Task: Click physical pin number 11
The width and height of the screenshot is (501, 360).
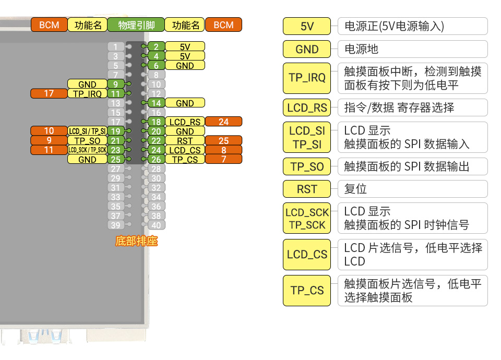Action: tap(115, 94)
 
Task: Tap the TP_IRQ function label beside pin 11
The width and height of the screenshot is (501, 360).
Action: tap(87, 94)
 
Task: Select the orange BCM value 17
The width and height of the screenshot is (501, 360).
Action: tap(49, 94)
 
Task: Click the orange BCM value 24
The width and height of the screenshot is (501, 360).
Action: tap(223, 122)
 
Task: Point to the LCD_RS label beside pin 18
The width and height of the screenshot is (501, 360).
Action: tap(185, 122)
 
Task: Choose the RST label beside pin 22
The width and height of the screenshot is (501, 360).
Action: tap(185, 141)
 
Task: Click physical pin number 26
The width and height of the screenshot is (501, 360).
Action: tap(156, 160)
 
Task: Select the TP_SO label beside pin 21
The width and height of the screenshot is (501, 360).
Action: tap(87, 141)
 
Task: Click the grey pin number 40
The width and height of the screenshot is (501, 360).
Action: tap(156, 225)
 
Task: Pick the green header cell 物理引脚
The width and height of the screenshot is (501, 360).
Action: tap(136, 25)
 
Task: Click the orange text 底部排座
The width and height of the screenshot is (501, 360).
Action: tap(136, 242)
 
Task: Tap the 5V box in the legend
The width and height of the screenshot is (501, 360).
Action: tap(307, 27)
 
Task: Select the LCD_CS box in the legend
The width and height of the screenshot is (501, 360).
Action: tap(307, 255)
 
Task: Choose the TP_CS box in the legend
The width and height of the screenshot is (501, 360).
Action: tap(307, 291)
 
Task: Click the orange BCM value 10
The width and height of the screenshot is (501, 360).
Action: tap(49, 131)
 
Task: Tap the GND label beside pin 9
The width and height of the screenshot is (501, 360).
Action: tap(87, 85)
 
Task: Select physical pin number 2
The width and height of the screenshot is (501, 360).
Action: tap(156, 47)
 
